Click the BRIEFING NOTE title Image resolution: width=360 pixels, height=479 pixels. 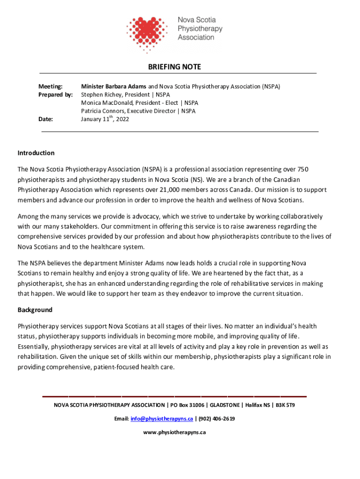coord(174,67)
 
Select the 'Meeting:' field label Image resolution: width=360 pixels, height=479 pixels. coord(50,87)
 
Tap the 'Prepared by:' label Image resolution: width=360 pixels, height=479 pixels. coord(55,94)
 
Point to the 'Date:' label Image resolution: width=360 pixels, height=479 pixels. coord(45,119)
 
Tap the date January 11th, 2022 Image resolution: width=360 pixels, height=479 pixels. coord(105,119)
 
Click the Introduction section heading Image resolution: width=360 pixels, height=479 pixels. coord(36,153)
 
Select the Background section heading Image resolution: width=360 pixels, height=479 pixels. coord(35,310)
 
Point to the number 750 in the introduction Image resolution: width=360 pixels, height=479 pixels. coord(302,169)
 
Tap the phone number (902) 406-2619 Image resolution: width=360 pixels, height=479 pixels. coord(216,419)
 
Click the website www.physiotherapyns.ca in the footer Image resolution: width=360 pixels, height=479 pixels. coord(174,432)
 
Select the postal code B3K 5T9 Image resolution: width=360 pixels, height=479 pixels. coord(285,405)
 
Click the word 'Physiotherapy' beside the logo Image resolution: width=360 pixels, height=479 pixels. coord(200,29)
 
